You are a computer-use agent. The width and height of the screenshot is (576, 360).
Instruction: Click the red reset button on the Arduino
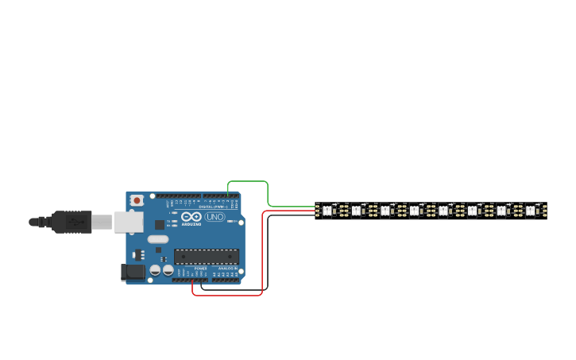(137, 200)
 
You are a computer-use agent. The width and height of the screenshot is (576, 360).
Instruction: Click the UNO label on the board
(215, 217)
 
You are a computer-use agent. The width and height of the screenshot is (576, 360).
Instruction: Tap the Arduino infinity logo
(191, 217)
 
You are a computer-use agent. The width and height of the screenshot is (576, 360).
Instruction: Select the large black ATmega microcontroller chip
(207, 256)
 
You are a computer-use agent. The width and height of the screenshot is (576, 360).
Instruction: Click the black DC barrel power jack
(133, 272)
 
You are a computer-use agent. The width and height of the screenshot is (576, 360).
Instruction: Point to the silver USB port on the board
(128, 222)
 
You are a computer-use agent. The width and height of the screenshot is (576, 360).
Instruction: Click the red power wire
(262, 254)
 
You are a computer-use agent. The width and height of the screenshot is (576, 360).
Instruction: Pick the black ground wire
(268, 254)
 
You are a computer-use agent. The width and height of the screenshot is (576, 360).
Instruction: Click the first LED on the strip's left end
(327, 211)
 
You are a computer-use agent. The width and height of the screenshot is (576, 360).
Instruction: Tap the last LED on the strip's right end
(530, 211)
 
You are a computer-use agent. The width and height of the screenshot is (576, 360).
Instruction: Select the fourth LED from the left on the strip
(414, 211)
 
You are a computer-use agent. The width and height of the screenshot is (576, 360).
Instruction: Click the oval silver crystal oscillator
(158, 239)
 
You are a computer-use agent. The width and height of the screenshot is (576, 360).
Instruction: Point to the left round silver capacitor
(155, 270)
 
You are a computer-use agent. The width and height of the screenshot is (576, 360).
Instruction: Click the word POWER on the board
(200, 269)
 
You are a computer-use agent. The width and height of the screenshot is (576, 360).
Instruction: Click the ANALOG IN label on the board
(226, 269)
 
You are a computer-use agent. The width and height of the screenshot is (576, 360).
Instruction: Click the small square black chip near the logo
(160, 225)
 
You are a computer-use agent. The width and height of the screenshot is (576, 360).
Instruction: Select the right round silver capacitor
(168, 270)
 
